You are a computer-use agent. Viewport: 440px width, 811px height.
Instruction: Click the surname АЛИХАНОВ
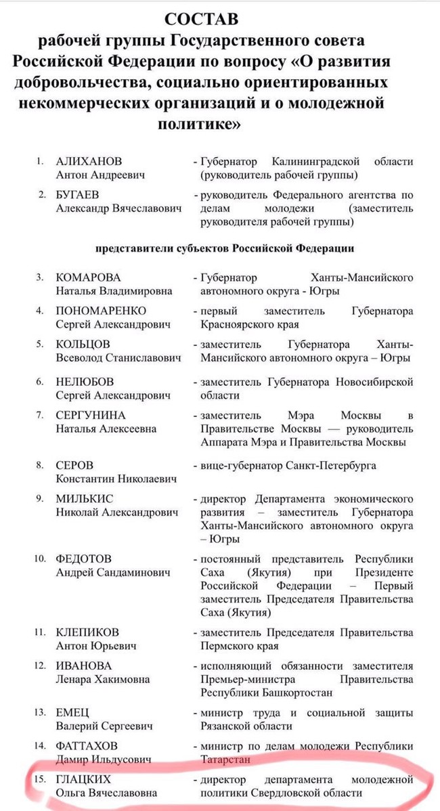89,162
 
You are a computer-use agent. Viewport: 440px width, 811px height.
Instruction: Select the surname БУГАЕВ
81,196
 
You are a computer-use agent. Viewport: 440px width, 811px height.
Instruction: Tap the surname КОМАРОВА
89,278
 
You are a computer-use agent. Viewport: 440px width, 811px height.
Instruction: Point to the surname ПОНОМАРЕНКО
101,311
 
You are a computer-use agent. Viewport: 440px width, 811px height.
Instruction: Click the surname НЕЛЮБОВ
85,382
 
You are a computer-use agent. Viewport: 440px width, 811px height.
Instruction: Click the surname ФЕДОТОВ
84,559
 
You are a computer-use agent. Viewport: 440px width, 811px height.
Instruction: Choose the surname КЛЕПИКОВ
87,632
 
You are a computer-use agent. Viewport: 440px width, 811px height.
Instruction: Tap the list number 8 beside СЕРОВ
41,466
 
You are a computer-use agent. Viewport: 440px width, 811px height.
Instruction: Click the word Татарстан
226,760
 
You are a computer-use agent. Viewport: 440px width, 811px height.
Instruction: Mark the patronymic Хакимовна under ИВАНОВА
120,679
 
